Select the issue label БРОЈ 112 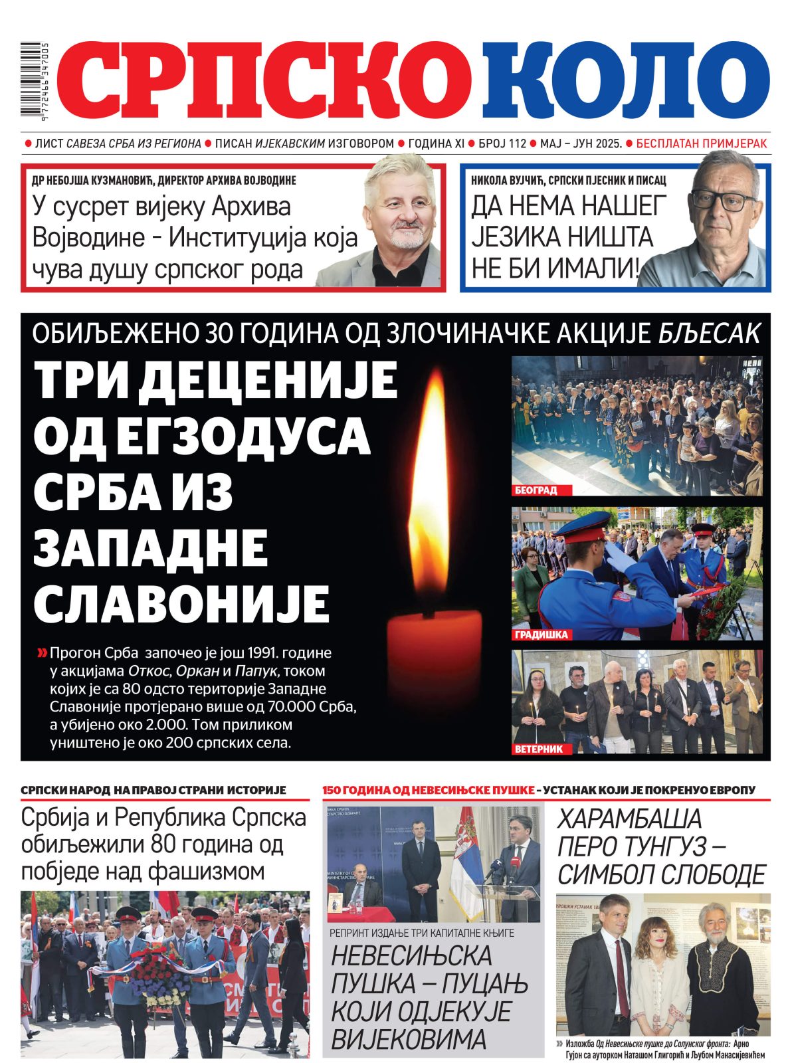(x=502, y=143)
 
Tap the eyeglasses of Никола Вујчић (x=723, y=199)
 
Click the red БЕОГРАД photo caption (x=536, y=490)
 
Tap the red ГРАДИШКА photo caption (x=542, y=634)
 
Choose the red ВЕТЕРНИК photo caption (x=539, y=749)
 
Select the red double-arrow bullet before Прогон (x=42, y=653)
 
